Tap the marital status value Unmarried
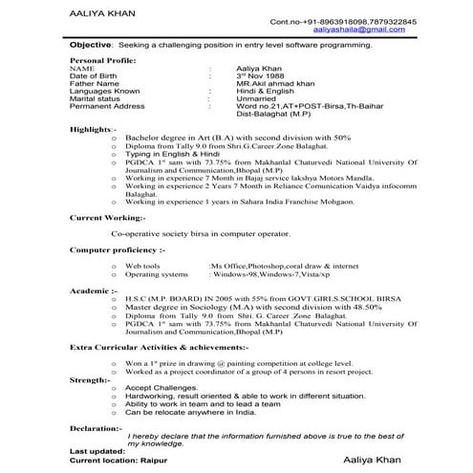[x=258, y=100]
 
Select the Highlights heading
[x=93, y=128]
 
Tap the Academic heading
[x=94, y=289]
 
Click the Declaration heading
[x=97, y=428]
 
